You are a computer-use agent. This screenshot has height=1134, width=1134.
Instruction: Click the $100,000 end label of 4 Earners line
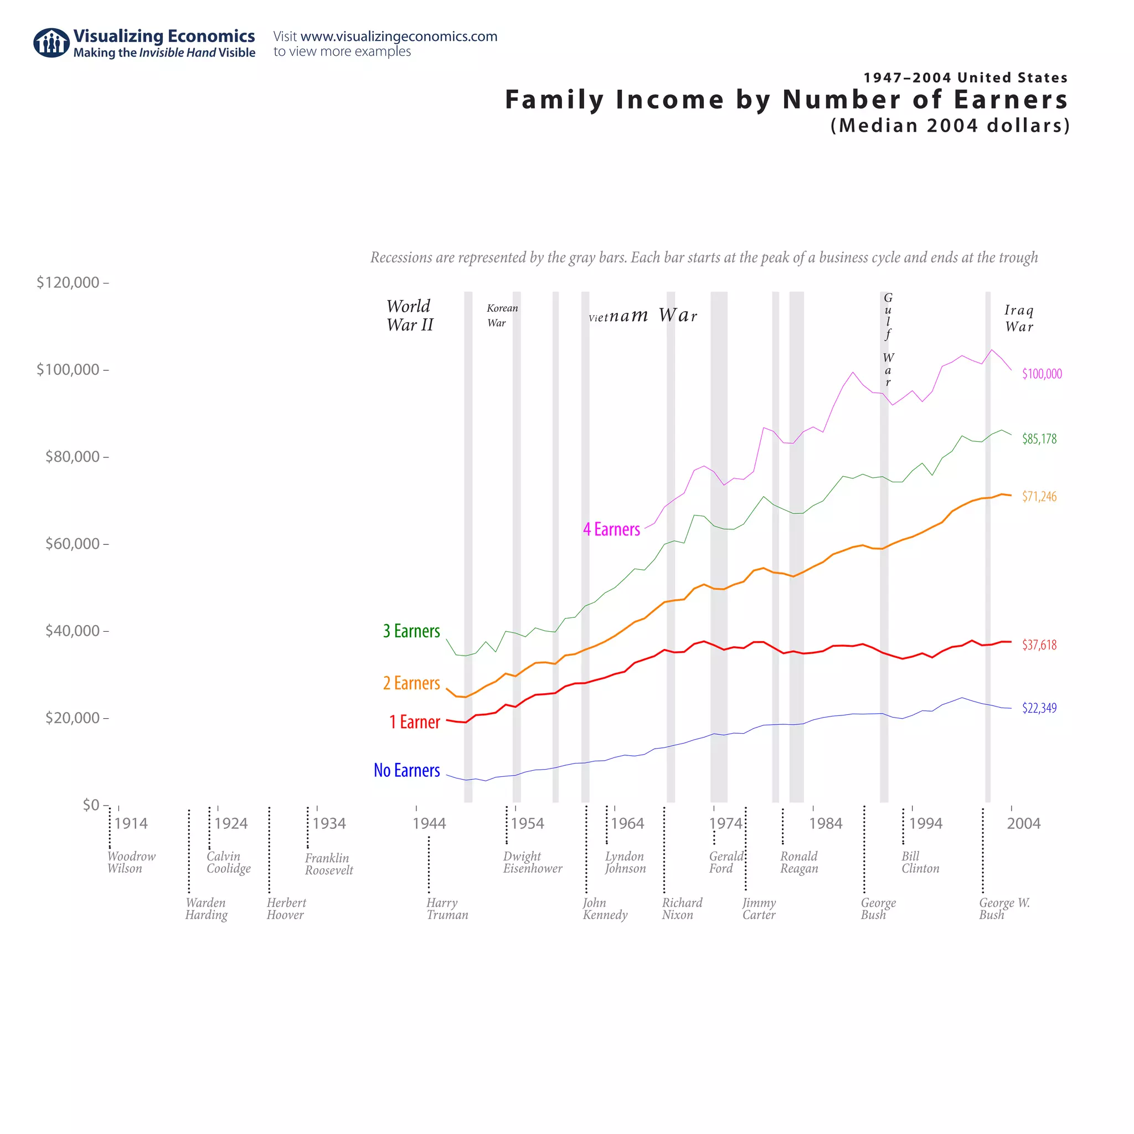[x=1042, y=374]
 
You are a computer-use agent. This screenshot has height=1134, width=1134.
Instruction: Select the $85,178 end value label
[x=1039, y=439]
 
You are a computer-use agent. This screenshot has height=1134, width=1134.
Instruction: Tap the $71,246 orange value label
[x=1039, y=497]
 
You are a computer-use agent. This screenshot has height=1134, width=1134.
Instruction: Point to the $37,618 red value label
[x=1039, y=645]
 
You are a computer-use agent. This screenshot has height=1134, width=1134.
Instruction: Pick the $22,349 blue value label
[x=1039, y=708]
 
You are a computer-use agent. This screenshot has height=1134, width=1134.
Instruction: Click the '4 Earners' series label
[x=611, y=529]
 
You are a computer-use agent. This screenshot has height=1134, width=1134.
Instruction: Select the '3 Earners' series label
[x=411, y=631]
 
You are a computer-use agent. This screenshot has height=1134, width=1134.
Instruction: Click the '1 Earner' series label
[x=414, y=722]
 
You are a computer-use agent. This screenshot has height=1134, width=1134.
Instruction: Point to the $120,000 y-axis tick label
[x=68, y=283]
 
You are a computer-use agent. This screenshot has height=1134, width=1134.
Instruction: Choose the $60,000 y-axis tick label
[x=72, y=544]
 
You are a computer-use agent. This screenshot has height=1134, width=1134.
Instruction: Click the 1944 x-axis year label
[x=429, y=823]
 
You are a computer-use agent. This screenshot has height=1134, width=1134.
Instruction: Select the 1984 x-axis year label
[x=825, y=823]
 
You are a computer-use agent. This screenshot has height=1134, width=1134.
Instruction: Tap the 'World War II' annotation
[x=409, y=316]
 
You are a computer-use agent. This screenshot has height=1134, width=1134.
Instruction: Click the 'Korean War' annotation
[x=502, y=316]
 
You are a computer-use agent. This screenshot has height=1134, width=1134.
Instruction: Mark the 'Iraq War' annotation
[x=1019, y=319]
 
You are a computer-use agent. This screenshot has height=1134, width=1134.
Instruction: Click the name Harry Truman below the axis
[x=447, y=909]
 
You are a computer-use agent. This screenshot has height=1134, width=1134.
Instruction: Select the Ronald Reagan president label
[x=798, y=862]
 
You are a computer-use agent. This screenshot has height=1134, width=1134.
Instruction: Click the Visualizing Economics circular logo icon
[x=51, y=43]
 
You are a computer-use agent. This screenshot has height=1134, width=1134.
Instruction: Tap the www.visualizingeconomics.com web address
[x=399, y=37]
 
